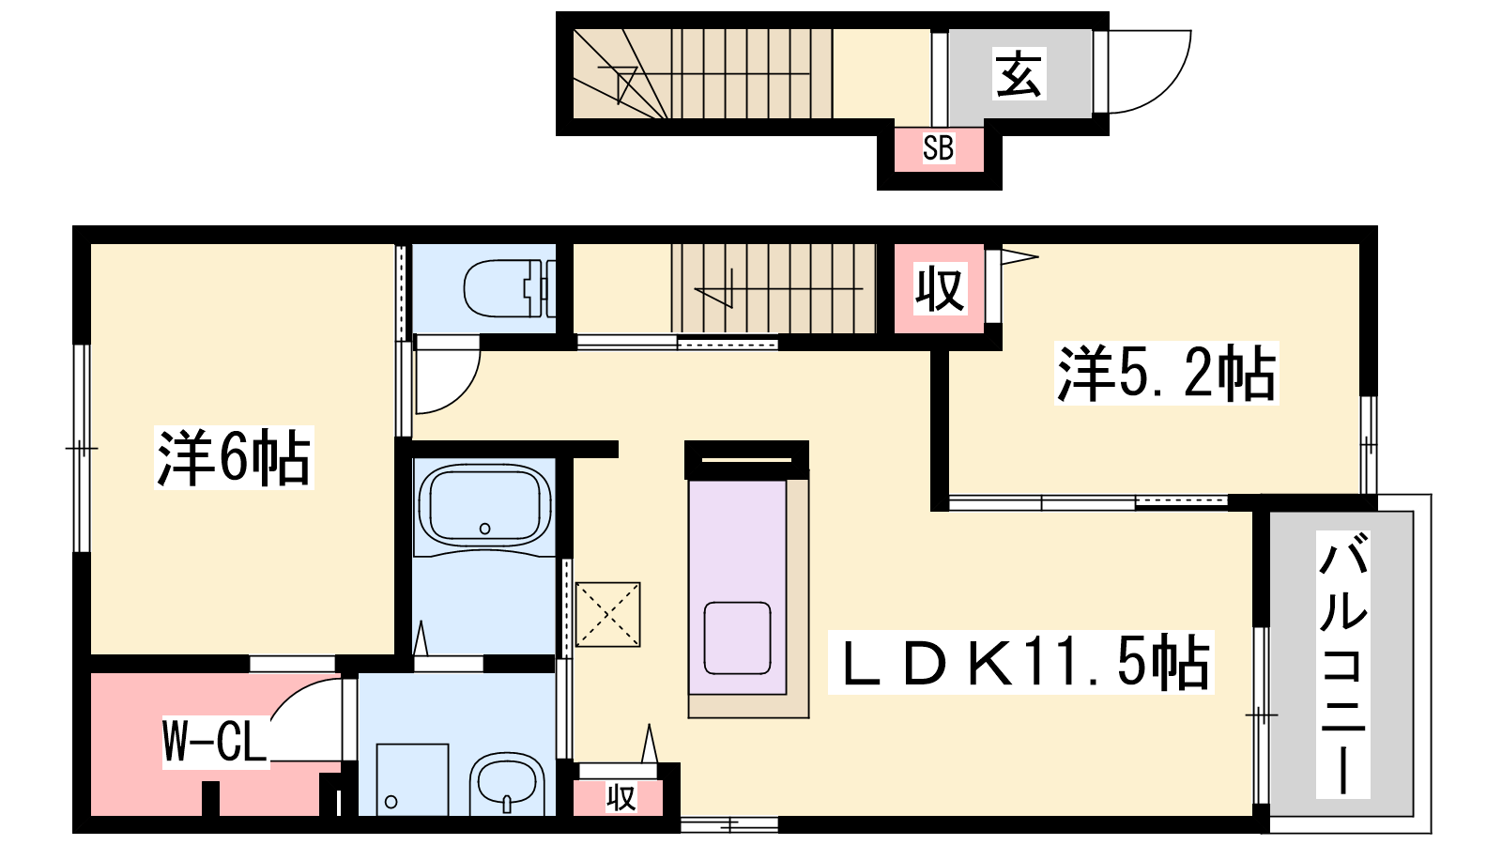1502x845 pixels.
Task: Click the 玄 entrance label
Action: coord(1019,74)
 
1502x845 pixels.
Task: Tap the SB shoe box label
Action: coord(938,147)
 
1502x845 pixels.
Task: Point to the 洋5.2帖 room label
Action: coord(1166,373)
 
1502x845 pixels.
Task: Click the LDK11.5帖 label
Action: coord(1020,662)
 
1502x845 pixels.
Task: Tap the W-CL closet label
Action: coord(215,742)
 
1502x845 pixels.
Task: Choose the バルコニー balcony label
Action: coord(1342,664)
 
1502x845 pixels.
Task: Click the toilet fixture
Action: coord(510,288)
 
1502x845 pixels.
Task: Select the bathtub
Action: coord(484,508)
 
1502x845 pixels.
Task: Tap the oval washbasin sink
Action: coord(506,785)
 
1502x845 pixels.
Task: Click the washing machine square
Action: coord(412,780)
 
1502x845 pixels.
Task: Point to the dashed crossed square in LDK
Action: coord(607,614)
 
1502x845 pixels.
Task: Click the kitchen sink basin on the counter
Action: coord(737,638)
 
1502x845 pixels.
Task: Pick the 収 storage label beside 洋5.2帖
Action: coord(940,289)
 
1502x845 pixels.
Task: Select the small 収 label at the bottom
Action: coord(621,798)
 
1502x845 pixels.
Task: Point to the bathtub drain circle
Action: coord(484,529)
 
